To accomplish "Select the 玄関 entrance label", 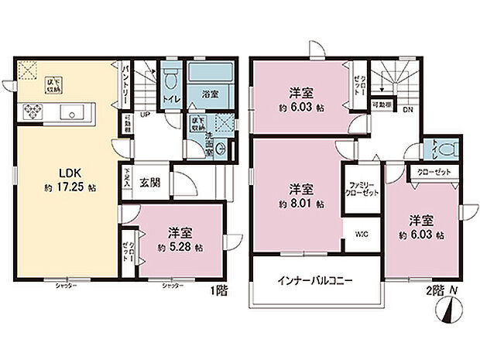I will click(149, 183).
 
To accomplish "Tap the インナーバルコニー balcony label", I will click(313, 281).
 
